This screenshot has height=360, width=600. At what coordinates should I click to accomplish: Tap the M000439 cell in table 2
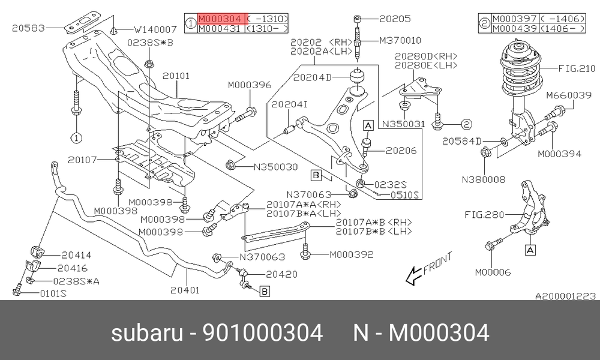click(x=515, y=29)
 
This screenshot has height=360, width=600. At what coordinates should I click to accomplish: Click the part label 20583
click(x=28, y=28)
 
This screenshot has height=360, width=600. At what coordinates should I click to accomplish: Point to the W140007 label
click(x=155, y=29)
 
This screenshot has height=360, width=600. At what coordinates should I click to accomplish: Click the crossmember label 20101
click(x=176, y=76)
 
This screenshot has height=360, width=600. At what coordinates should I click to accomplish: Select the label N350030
click(x=276, y=167)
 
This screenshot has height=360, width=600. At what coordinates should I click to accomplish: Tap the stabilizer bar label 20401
click(x=185, y=290)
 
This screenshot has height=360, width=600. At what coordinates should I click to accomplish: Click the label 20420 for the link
click(x=281, y=274)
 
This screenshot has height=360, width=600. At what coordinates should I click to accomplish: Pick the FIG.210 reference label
click(x=577, y=68)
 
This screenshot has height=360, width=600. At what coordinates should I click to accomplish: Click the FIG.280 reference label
click(x=484, y=215)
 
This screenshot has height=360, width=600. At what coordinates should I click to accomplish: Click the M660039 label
click(x=569, y=95)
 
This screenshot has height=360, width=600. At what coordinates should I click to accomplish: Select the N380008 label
click(x=484, y=179)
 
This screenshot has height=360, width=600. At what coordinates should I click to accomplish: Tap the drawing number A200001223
click(x=565, y=296)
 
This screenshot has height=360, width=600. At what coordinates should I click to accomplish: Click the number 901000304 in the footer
click(x=262, y=332)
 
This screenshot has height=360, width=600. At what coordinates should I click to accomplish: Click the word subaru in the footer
click(x=147, y=333)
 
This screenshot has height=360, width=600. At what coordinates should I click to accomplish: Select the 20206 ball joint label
click(x=401, y=151)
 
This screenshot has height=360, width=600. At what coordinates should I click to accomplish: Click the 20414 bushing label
click(x=76, y=255)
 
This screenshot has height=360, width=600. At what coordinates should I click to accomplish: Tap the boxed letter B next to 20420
click(x=265, y=292)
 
